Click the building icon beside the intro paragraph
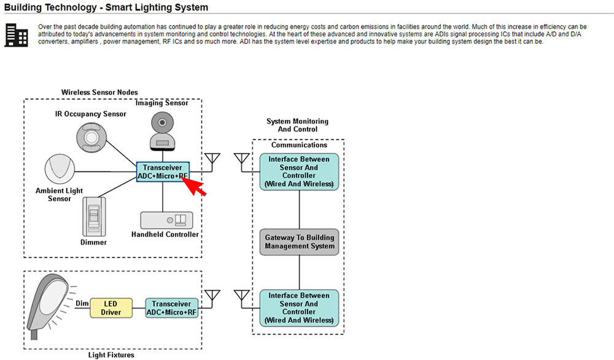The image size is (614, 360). (16, 35)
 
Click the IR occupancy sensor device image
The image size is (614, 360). (95, 135)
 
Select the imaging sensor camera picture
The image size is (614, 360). (162, 130)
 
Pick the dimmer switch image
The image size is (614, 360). (94, 216)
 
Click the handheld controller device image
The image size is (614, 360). (166, 221)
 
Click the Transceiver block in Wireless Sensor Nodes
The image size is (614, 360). (163, 172)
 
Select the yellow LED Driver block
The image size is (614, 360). (111, 308)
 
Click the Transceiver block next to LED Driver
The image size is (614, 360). (172, 308)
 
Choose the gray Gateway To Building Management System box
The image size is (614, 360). (300, 242)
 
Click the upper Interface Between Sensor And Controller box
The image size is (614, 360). (299, 171)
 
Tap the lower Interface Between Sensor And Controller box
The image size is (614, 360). (299, 308)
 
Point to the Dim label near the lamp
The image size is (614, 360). (82, 303)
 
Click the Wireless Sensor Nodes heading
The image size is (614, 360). (99, 92)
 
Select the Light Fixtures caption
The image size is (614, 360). (111, 354)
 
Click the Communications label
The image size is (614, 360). (299, 146)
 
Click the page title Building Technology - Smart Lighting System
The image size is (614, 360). (106, 8)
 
